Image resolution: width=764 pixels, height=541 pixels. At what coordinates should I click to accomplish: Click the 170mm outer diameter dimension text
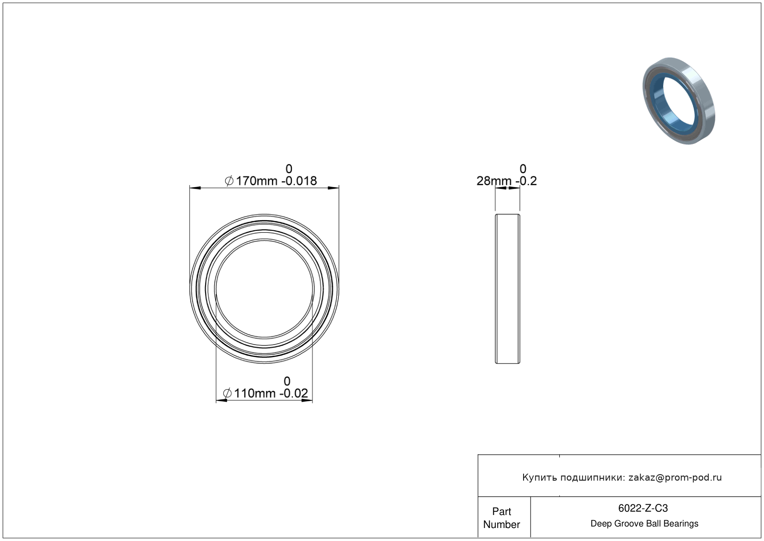[256, 181]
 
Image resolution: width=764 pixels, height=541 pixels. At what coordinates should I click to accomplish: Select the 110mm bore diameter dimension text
[254, 393]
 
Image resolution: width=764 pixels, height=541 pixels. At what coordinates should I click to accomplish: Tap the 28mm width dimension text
[494, 181]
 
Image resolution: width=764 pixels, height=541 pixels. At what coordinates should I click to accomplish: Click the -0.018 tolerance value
[299, 181]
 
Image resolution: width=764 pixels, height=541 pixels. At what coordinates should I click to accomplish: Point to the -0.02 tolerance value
[294, 393]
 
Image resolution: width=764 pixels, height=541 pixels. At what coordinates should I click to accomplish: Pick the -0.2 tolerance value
[526, 181]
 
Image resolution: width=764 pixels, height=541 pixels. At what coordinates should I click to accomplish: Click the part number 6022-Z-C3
[643, 508]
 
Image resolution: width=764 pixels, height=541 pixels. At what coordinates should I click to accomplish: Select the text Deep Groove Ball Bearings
[644, 524]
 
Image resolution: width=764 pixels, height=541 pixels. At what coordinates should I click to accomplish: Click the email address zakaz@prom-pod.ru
[675, 477]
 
